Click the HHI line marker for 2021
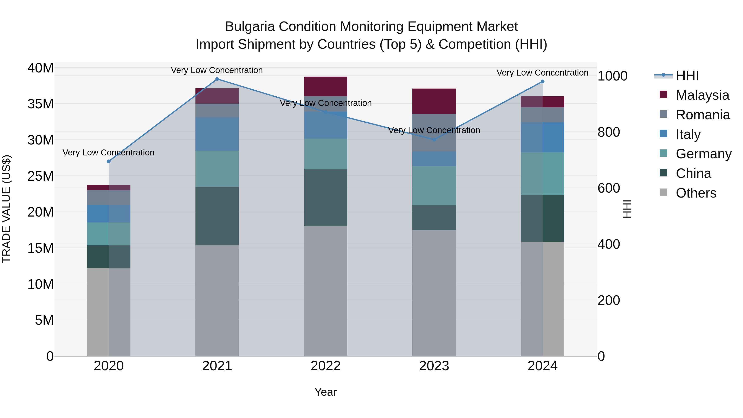pos(217,79)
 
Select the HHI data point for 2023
pos(434,140)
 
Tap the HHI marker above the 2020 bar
pos(109,161)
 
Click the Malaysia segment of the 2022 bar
pos(326,86)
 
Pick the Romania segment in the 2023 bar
pos(434,133)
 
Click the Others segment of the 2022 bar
pos(326,291)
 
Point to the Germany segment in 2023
pos(434,186)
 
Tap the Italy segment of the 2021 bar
pos(217,134)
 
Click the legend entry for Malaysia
pos(702,95)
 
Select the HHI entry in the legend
pos(687,76)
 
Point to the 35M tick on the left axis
pos(40,104)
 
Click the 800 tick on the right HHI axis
pos(609,132)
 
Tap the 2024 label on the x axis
pos(542,366)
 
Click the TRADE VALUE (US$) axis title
pos(6,209)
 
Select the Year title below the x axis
pos(326,392)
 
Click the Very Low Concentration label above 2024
pos(542,73)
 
